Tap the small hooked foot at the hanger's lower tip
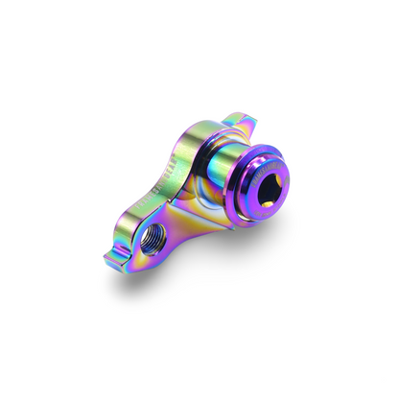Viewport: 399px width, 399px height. click(x=118, y=255)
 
